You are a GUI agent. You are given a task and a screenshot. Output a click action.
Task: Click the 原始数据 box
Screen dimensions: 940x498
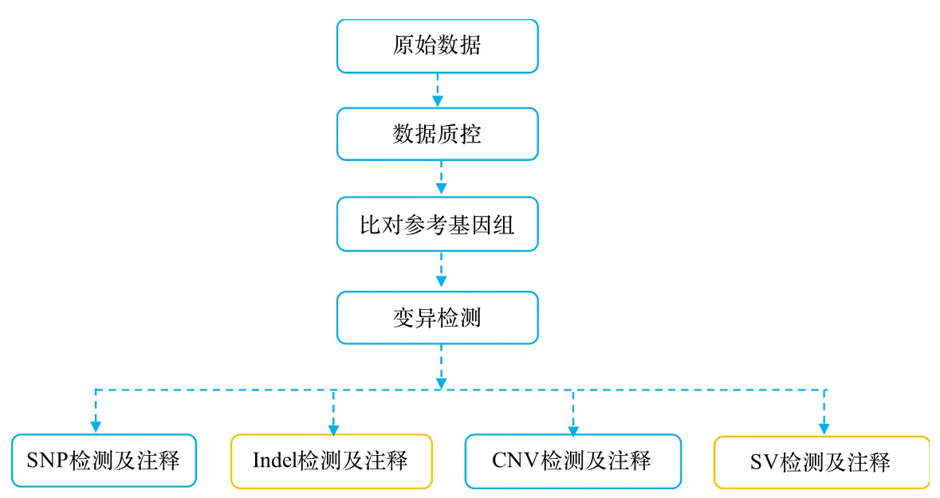click(437, 46)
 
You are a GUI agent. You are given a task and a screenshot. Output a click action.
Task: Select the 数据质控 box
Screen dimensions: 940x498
click(437, 134)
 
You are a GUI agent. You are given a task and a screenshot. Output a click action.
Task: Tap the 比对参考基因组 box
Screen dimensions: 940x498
click(437, 224)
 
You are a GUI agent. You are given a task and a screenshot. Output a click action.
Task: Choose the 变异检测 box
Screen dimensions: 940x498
click(437, 318)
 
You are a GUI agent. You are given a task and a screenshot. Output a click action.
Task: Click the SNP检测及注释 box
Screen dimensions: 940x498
click(104, 461)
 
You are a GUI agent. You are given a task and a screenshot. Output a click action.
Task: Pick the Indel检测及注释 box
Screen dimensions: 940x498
click(332, 461)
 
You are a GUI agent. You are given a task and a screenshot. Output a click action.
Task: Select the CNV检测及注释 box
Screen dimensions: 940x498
click(572, 461)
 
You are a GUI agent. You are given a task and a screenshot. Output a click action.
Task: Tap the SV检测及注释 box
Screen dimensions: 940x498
click(821, 462)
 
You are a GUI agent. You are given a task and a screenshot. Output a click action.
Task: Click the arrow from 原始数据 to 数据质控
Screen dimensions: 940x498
click(438, 91)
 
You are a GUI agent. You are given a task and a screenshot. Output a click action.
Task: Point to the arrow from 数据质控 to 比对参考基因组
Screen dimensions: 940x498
click(441, 178)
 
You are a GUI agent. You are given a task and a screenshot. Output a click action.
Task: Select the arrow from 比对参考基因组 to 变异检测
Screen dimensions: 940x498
click(441, 269)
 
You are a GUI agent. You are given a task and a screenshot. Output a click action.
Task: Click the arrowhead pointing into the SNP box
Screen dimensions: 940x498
click(96, 427)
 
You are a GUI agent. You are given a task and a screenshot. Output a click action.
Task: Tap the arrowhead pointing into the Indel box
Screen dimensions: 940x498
click(333, 429)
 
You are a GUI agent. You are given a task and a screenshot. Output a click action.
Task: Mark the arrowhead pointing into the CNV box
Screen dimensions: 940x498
click(573, 429)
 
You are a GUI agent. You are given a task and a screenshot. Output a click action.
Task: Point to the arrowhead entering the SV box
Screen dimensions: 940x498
click(824, 429)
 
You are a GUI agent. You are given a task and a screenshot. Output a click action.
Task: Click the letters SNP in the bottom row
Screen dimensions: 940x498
click(47, 461)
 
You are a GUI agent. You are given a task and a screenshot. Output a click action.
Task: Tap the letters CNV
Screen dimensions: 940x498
click(516, 461)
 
